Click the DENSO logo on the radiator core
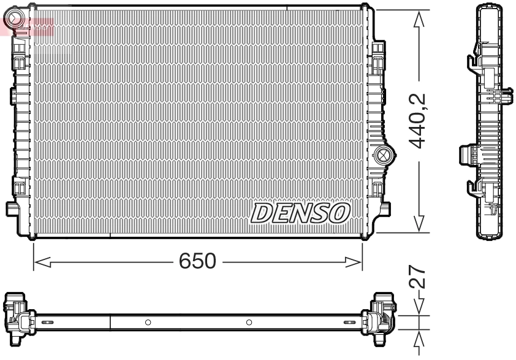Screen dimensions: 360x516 (x=300, y=213)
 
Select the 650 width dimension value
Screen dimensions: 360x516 (x=197, y=262)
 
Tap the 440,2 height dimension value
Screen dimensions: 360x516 (x=419, y=121)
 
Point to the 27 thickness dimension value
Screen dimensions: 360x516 (x=419, y=277)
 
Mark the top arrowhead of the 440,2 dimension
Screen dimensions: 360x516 (x=419, y=19)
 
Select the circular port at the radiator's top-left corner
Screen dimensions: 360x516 (x=18, y=17)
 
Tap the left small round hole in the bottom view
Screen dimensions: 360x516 (x=148, y=322)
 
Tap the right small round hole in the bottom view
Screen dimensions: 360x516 (x=249, y=322)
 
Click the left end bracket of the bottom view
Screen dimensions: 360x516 (x=18, y=315)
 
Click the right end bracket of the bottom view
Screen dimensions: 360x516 (x=381, y=315)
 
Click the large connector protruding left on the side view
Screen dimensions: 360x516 (x=467, y=156)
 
